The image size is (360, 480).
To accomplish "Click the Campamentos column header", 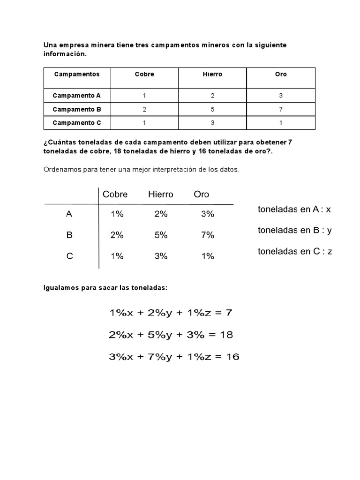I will pyautogui.click(x=77, y=74).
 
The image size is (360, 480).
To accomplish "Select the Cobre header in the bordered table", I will pyautogui.click(x=144, y=74).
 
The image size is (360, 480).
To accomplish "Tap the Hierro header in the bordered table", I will pyautogui.click(x=212, y=74).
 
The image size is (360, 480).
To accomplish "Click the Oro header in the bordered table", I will pyautogui.click(x=281, y=74).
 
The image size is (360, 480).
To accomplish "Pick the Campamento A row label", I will pyautogui.click(x=77, y=96).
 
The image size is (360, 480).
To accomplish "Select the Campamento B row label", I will pyautogui.click(x=77, y=109).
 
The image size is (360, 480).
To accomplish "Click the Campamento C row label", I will pyautogui.click(x=77, y=123).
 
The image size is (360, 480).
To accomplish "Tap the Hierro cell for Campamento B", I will pyautogui.click(x=212, y=109).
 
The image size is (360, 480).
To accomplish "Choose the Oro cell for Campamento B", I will pyautogui.click(x=281, y=109).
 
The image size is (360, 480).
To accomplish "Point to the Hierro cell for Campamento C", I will pyautogui.click(x=212, y=123).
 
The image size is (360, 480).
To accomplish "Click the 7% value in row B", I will pyautogui.click(x=207, y=235).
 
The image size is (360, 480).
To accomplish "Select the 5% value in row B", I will pyautogui.click(x=161, y=235).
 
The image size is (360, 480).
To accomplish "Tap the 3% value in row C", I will pyautogui.click(x=161, y=256).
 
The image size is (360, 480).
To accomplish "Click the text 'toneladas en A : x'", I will pyautogui.click(x=294, y=210).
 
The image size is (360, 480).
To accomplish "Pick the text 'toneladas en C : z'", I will pyautogui.click(x=295, y=251).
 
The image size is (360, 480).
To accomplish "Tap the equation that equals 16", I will pyautogui.click(x=174, y=357).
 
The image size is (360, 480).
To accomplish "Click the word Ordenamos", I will pyautogui.click(x=62, y=170).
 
